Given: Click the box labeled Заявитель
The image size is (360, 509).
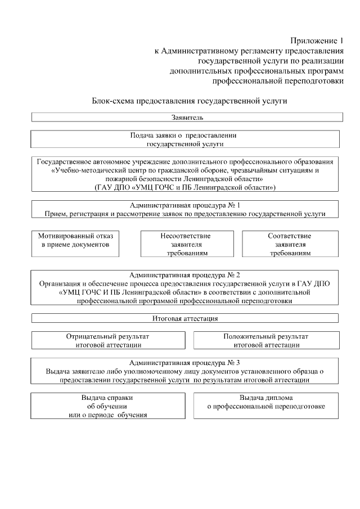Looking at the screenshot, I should coord(187,118).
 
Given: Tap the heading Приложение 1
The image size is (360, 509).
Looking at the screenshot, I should coord(316,41).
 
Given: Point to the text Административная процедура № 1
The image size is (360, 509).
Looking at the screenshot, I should coord(185,205).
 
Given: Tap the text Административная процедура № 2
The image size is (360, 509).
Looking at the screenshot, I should coord(185,275).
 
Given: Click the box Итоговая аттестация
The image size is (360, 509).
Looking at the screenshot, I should coord(185,318).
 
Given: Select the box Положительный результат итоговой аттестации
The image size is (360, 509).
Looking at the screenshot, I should coord(266,340).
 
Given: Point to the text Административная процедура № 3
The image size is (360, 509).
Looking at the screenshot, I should coord(185,362).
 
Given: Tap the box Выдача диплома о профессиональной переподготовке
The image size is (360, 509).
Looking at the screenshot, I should coord(266,402).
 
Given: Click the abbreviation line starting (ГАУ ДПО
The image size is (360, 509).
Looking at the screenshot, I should coord(184,187).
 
